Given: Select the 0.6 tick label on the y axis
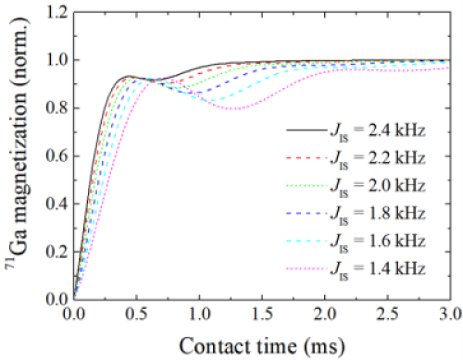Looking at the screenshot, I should tap(54, 156).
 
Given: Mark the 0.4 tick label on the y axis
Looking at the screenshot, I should tap(54, 204).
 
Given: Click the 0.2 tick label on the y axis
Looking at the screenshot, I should tap(54, 251).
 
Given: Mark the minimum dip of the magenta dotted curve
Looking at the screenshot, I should tap(234, 109).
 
